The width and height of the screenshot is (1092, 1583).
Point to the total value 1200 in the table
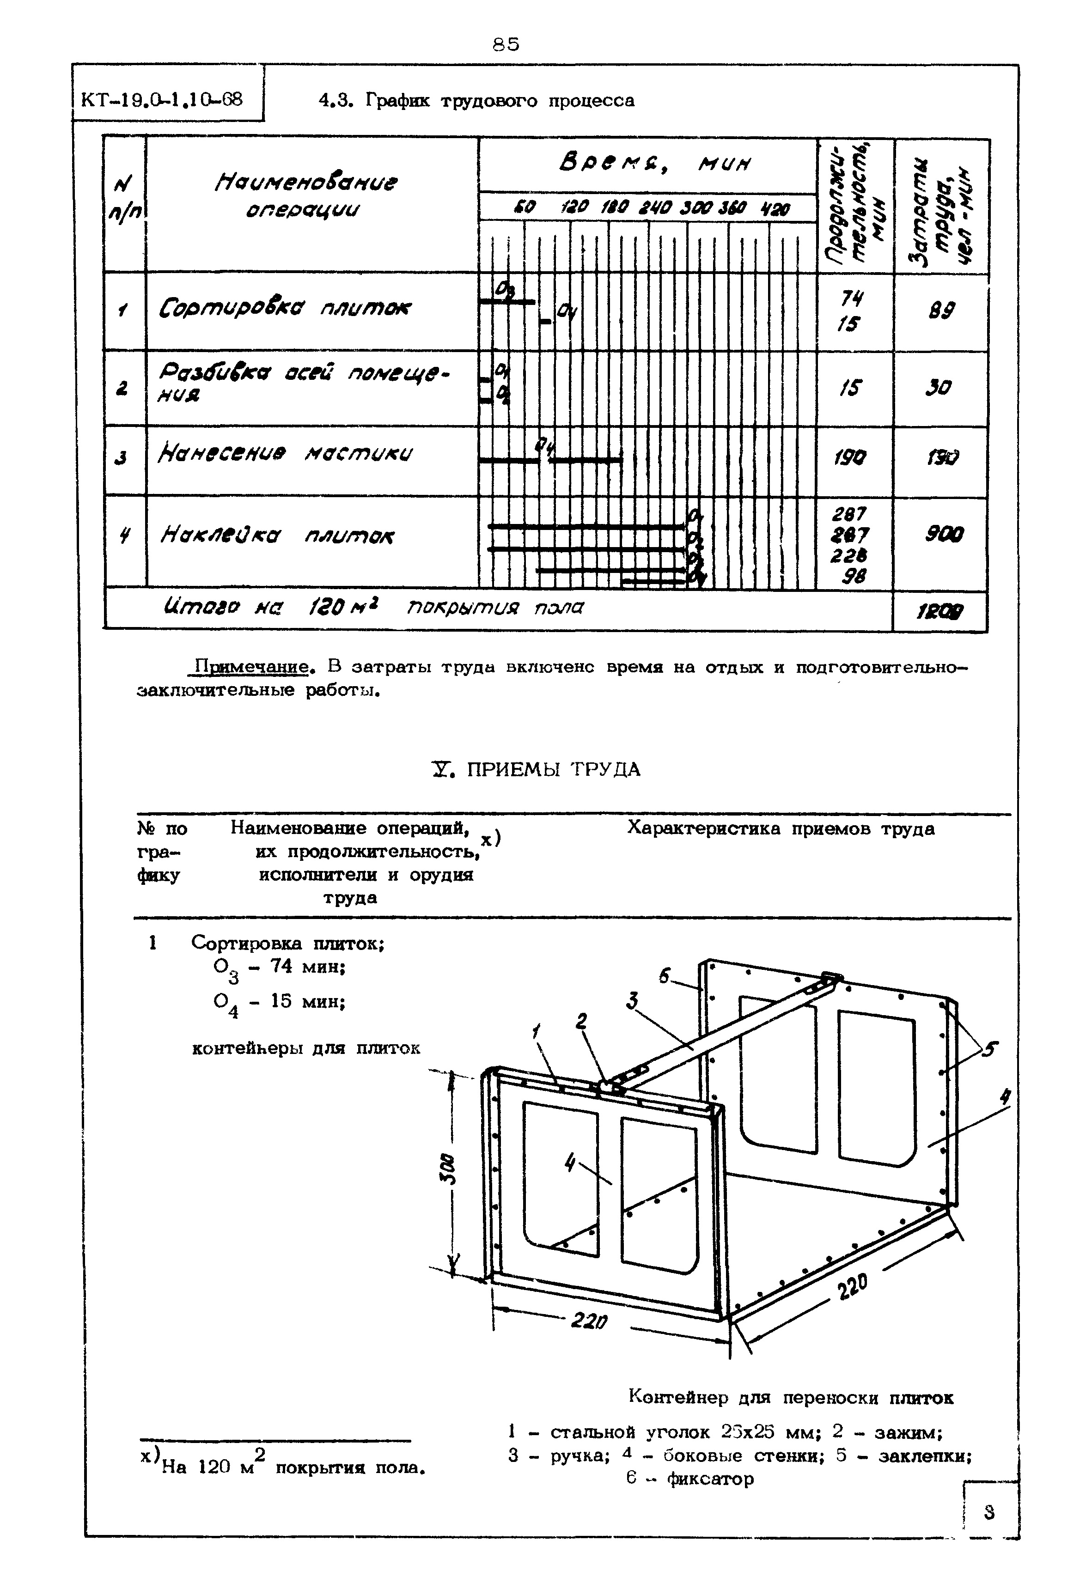coord(942,611)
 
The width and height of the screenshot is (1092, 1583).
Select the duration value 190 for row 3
coord(850,457)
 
